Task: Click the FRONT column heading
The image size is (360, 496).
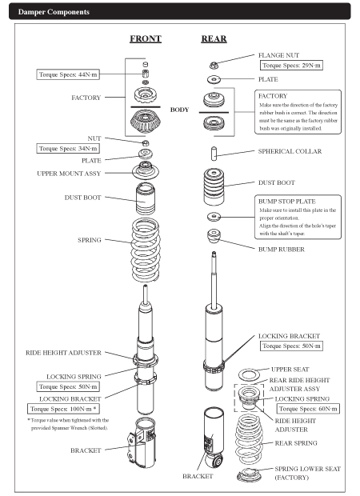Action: tap(146, 39)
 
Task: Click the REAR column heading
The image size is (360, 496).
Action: tap(214, 39)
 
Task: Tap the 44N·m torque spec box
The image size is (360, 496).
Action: tap(68, 74)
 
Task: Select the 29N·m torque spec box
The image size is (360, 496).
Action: tap(291, 66)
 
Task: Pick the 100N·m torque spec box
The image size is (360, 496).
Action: tap(63, 409)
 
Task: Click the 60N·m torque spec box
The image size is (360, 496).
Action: tap(308, 409)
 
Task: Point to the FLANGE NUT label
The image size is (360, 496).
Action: tap(278, 55)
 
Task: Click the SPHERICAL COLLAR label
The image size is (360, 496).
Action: tap(290, 151)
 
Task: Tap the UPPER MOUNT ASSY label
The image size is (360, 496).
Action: tap(69, 174)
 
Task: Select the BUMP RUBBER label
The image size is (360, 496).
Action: tap(282, 250)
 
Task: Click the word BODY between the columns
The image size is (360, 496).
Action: tap(179, 110)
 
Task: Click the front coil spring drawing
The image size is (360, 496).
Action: tap(146, 250)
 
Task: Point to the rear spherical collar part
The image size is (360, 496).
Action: tap(214, 154)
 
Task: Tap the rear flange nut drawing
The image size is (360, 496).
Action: tap(214, 66)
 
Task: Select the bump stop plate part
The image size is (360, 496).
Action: tap(214, 217)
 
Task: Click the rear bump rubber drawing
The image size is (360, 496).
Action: tap(214, 236)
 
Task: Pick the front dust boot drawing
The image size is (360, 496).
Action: tap(146, 198)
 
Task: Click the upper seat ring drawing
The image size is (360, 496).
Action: tap(249, 375)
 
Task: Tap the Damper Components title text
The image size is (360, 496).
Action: tap(54, 12)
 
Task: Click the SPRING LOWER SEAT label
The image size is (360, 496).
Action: tap(307, 469)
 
